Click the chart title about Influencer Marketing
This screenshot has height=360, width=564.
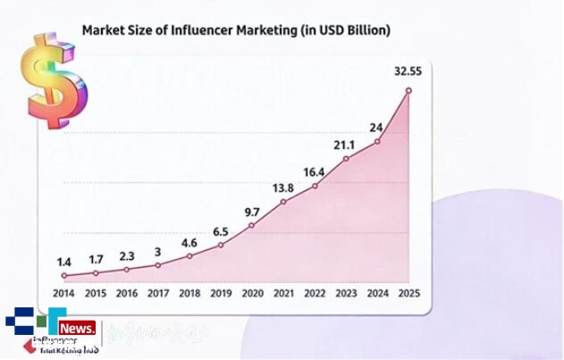coord(236,30)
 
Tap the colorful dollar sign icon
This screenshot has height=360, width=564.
coord(55,81)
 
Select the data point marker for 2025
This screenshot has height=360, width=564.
coord(408,90)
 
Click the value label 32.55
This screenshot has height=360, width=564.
coord(408,71)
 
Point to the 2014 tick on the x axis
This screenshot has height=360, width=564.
coord(63,293)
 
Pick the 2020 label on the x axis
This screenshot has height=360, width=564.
coord(252,293)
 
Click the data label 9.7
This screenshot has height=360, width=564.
coord(252,212)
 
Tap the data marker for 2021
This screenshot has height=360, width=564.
coord(283,202)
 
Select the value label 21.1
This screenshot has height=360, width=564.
coord(345,146)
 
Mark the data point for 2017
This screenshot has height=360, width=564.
coord(158,265)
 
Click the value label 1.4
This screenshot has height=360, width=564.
coord(63,262)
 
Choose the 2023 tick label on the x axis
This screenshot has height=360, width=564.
coord(346,293)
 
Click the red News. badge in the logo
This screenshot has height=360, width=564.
coord(80,330)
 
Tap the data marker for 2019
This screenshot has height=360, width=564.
coord(221,245)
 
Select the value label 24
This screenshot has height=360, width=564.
coord(376,127)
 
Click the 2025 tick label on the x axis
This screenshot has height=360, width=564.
coord(408,293)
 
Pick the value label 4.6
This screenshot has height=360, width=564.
coord(189,242)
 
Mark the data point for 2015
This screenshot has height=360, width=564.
coord(96,272)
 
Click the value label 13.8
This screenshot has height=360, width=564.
coord(282,188)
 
